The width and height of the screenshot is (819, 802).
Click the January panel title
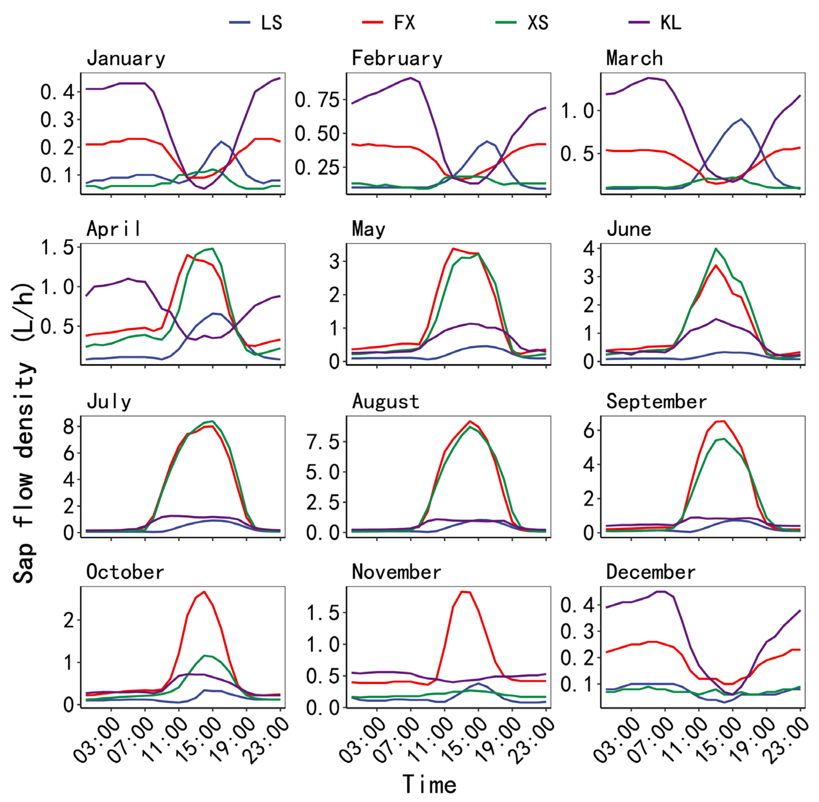[x=126, y=59]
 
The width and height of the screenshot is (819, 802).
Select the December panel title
[x=650, y=572]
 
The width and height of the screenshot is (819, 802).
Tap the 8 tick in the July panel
[x=68, y=427]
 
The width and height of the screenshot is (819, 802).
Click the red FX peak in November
[x=462, y=591]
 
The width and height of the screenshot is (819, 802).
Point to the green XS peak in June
[x=716, y=249]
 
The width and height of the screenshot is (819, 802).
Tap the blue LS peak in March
[x=741, y=119]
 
